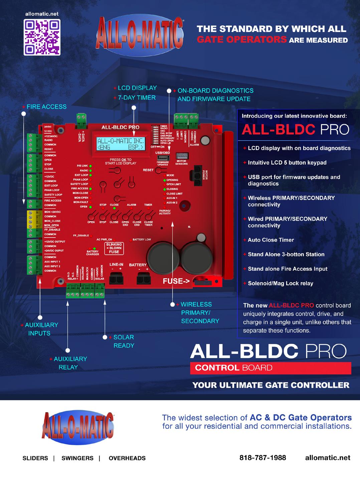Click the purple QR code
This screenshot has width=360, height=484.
[42, 37]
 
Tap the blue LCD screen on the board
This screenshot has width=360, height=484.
[121, 144]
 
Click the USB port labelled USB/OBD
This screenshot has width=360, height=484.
[163, 158]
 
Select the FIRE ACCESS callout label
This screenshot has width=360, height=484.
[46, 107]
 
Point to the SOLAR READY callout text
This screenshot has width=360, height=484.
[124, 341]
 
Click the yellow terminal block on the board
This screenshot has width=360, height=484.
[31, 219]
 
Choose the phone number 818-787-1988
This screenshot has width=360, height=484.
[262, 458]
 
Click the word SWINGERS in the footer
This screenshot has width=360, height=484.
[77, 458]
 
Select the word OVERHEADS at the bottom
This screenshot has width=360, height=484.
[127, 458]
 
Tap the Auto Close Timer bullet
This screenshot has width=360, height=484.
[271, 240]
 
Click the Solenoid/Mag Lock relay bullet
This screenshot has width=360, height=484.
[280, 283]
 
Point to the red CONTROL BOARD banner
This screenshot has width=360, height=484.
[271, 368]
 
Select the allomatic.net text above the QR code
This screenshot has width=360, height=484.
[42, 14]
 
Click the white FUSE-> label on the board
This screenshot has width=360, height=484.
[176, 281]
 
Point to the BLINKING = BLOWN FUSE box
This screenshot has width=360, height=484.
[114, 248]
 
